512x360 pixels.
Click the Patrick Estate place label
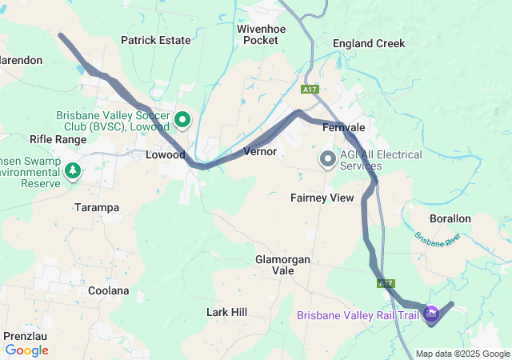(155, 40)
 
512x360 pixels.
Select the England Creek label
(369, 43)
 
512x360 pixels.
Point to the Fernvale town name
(343, 128)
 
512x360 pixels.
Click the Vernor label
(260, 151)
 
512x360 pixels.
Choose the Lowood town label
(166, 155)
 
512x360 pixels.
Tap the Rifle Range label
(58, 139)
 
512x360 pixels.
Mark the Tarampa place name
(96, 207)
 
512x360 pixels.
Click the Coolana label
(108, 290)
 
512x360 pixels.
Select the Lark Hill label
(227, 311)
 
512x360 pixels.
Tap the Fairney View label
(322, 198)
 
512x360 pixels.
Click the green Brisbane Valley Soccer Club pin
(182, 121)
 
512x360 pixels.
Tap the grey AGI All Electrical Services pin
(327, 158)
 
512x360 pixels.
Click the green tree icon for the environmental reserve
(73, 170)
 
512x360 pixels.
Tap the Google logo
(26, 350)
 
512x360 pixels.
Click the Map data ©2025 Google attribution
(462, 354)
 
